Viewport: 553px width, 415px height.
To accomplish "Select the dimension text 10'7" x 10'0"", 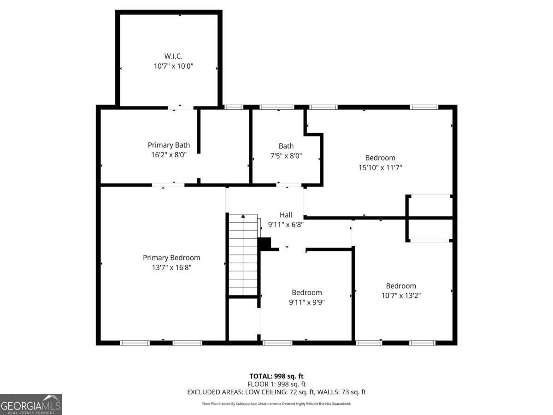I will (x=173, y=66).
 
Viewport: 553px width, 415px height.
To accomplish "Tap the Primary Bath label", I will (x=169, y=145).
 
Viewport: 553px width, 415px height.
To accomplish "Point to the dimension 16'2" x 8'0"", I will (x=169, y=155).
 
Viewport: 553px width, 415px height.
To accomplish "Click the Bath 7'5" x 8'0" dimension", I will (x=286, y=156).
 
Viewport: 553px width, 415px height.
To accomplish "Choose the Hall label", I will (x=286, y=214).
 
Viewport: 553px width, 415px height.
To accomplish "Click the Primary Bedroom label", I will (x=171, y=258).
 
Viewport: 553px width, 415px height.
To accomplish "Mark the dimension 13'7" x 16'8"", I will (x=171, y=267).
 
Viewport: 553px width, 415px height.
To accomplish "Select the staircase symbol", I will (x=243, y=254).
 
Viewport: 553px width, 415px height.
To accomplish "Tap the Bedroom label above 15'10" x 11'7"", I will (x=380, y=158).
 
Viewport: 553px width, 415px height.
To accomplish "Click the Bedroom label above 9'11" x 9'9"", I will (x=306, y=292).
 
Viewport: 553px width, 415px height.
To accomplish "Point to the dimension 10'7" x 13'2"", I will (x=401, y=296).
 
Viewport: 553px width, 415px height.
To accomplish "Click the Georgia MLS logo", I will (x=31, y=404).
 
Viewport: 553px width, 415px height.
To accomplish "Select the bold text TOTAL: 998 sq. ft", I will (x=276, y=376).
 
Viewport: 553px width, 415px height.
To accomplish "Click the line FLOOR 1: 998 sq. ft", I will (x=276, y=384).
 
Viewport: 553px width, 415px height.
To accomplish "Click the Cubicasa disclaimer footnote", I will (x=276, y=403).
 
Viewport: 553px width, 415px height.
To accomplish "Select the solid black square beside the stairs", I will (x=265, y=243).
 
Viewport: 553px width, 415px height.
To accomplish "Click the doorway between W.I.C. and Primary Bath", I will (x=180, y=107).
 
